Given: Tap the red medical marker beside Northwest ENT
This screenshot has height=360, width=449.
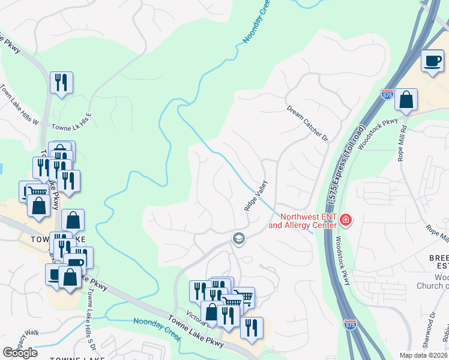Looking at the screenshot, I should click(345, 220).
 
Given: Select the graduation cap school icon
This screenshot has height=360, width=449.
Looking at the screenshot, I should click(239, 239).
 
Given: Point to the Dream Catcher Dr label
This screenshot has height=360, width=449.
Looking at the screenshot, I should click(308, 124).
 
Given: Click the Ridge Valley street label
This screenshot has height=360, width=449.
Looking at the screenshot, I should click(256, 196).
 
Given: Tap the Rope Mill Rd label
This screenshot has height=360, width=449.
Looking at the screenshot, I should click(402, 145).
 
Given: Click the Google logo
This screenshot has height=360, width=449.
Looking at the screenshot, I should click(20, 353).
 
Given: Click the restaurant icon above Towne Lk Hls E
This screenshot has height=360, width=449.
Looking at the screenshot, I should click(61, 82).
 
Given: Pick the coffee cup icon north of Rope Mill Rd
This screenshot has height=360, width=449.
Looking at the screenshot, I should click(433, 61).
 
